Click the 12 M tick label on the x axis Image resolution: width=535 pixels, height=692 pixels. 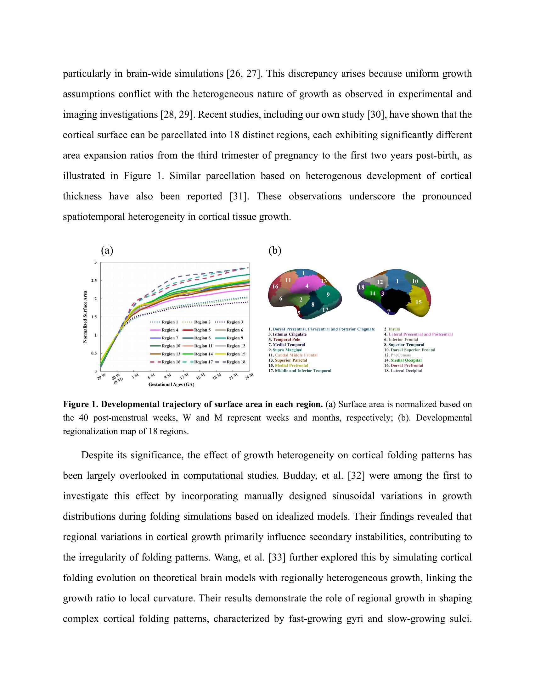pyautogui.click(x=184, y=377)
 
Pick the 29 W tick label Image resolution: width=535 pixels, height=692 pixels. pyautogui.click(x=101, y=377)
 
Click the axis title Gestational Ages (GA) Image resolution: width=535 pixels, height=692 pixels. pyautogui.click(x=171, y=384)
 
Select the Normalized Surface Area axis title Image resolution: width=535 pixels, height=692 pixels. pyautogui.click(x=85, y=317)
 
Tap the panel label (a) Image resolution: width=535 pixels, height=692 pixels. pyautogui.click(x=107, y=251)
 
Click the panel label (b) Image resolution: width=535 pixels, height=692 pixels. pyautogui.click(x=274, y=251)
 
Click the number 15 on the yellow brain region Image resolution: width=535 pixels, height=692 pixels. pyautogui.click(x=418, y=302)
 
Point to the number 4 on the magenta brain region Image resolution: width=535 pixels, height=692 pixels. pyautogui.click(x=307, y=286)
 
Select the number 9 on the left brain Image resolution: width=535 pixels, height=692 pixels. pyautogui.click(x=328, y=294)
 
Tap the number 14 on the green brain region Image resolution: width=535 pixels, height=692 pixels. pyautogui.click(x=373, y=293)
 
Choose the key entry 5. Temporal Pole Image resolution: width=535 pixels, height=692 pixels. pyautogui.click(x=284, y=339)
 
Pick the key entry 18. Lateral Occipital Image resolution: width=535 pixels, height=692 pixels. pyautogui.click(x=403, y=371)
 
